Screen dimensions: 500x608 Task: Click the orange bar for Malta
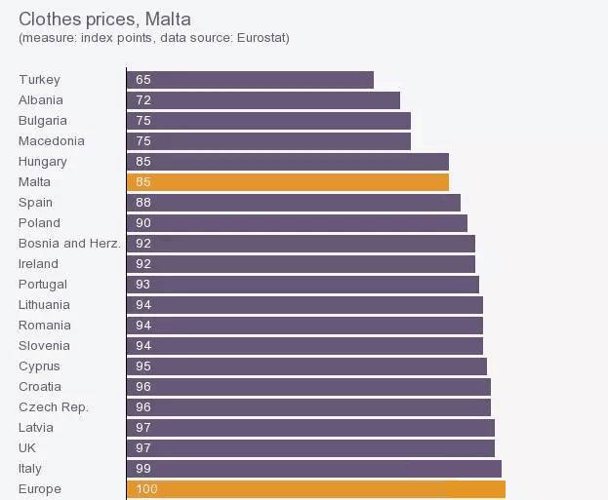point(288,182)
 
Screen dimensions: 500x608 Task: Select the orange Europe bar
point(316,489)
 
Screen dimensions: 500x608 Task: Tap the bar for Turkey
point(250,80)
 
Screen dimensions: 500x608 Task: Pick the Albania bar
point(263,100)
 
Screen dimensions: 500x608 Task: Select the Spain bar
point(294,203)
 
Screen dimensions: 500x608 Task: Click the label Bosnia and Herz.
point(69,244)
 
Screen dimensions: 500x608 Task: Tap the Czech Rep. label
point(54,407)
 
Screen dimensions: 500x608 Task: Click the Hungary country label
point(43,162)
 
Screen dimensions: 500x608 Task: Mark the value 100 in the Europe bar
point(147,489)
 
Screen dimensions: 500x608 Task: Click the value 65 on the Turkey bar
point(143,80)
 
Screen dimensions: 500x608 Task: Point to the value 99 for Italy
point(143,469)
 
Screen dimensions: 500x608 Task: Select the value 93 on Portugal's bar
point(143,285)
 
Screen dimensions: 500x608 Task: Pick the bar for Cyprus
point(306,366)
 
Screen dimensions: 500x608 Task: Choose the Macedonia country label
point(52,141)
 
